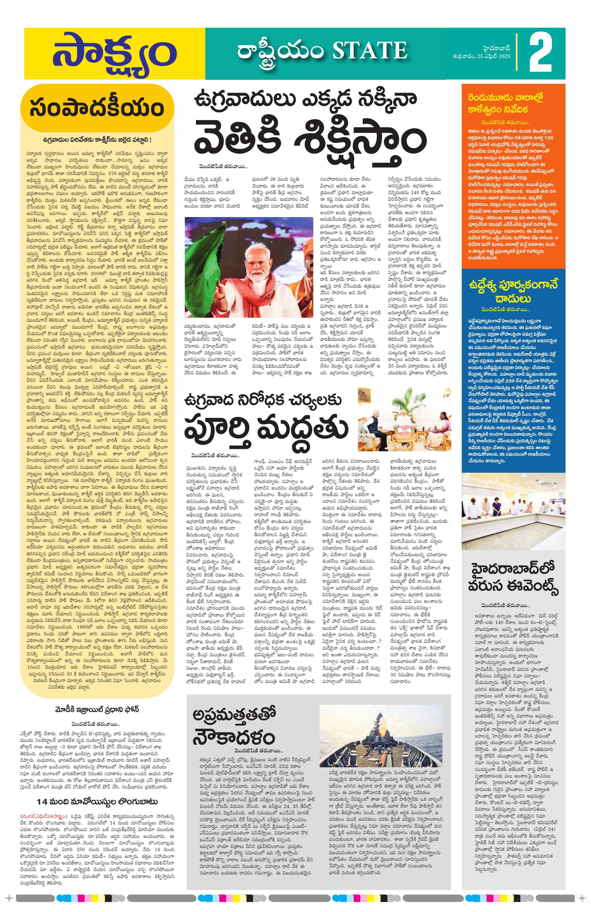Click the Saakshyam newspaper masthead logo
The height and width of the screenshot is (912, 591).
114,53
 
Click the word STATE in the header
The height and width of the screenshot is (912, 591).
369,51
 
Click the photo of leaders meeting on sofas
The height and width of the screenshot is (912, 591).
404,419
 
